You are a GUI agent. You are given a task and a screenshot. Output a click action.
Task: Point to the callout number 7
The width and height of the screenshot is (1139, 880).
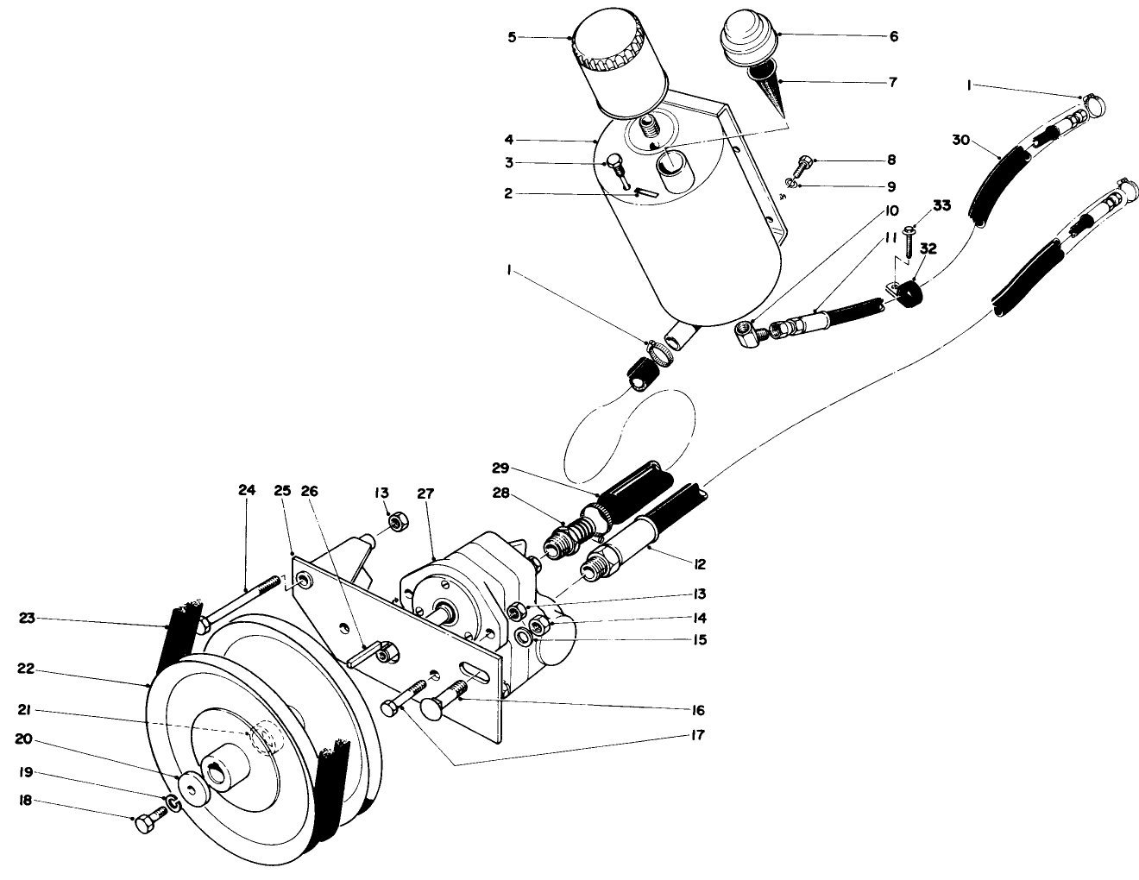click(x=892, y=83)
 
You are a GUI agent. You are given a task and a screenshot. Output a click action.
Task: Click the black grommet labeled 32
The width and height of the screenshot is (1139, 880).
click(x=910, y=299)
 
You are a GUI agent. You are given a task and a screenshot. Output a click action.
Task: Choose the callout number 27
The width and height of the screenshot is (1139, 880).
click(x=425, y=493)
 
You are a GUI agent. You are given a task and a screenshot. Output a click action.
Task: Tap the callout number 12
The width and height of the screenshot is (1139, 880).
click(x=698, y=564)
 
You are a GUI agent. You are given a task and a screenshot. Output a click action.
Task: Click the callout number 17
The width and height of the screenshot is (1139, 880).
click(x=697, y=736)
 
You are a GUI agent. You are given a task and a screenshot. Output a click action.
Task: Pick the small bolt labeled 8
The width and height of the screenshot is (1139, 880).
click(x=803, y=161)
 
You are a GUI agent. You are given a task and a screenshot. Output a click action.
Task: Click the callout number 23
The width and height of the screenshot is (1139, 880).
click(x=27, y=618)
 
